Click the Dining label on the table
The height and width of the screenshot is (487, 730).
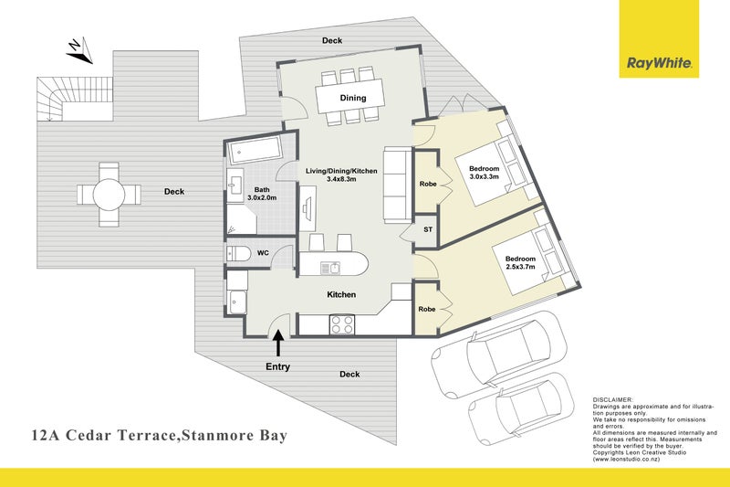353,98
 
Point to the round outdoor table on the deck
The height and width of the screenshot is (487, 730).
109,193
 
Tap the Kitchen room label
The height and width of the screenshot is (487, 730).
341,295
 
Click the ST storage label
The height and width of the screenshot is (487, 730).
427,229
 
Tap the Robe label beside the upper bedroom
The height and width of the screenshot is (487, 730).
427,184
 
